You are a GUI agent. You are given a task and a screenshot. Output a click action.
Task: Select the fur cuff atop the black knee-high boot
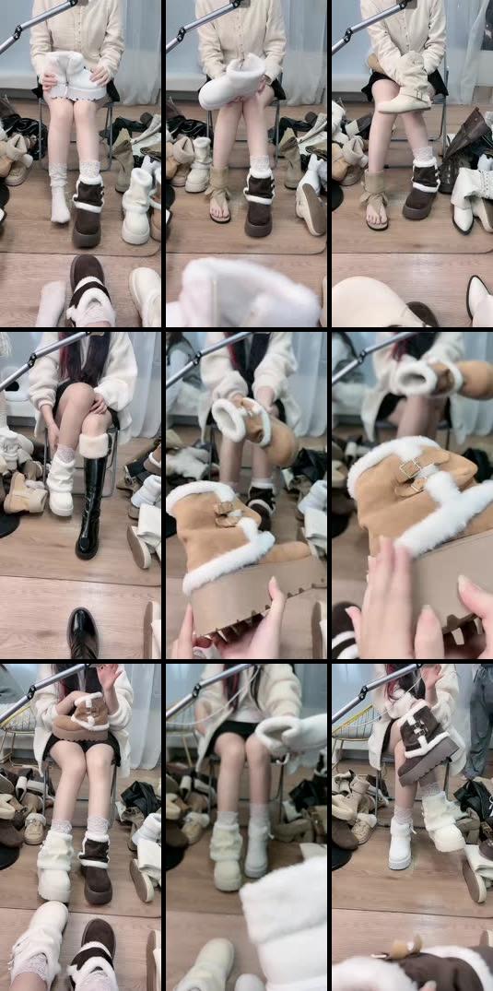click(x=94, y=446)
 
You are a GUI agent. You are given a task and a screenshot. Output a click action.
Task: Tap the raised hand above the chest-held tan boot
click(x=109, y=678)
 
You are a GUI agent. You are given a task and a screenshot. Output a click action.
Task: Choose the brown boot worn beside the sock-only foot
click(x=89, y=212)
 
